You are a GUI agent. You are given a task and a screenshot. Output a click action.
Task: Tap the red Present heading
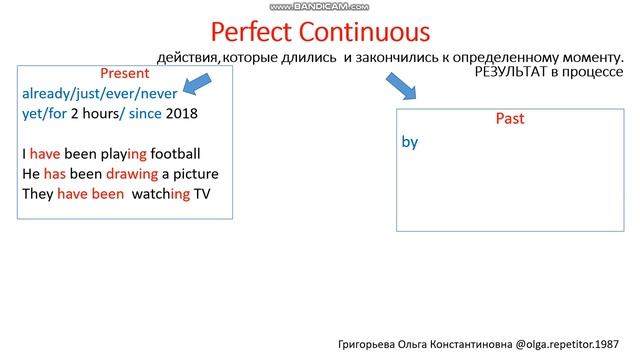[125, 74]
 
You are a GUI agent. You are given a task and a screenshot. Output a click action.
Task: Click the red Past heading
[510, 119]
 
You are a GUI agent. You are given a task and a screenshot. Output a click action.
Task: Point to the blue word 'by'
[409, 142]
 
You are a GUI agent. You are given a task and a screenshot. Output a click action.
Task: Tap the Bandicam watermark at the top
[320, 6]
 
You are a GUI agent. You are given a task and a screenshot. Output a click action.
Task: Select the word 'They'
[37, 194]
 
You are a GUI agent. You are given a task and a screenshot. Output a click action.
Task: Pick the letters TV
[204, 194]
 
